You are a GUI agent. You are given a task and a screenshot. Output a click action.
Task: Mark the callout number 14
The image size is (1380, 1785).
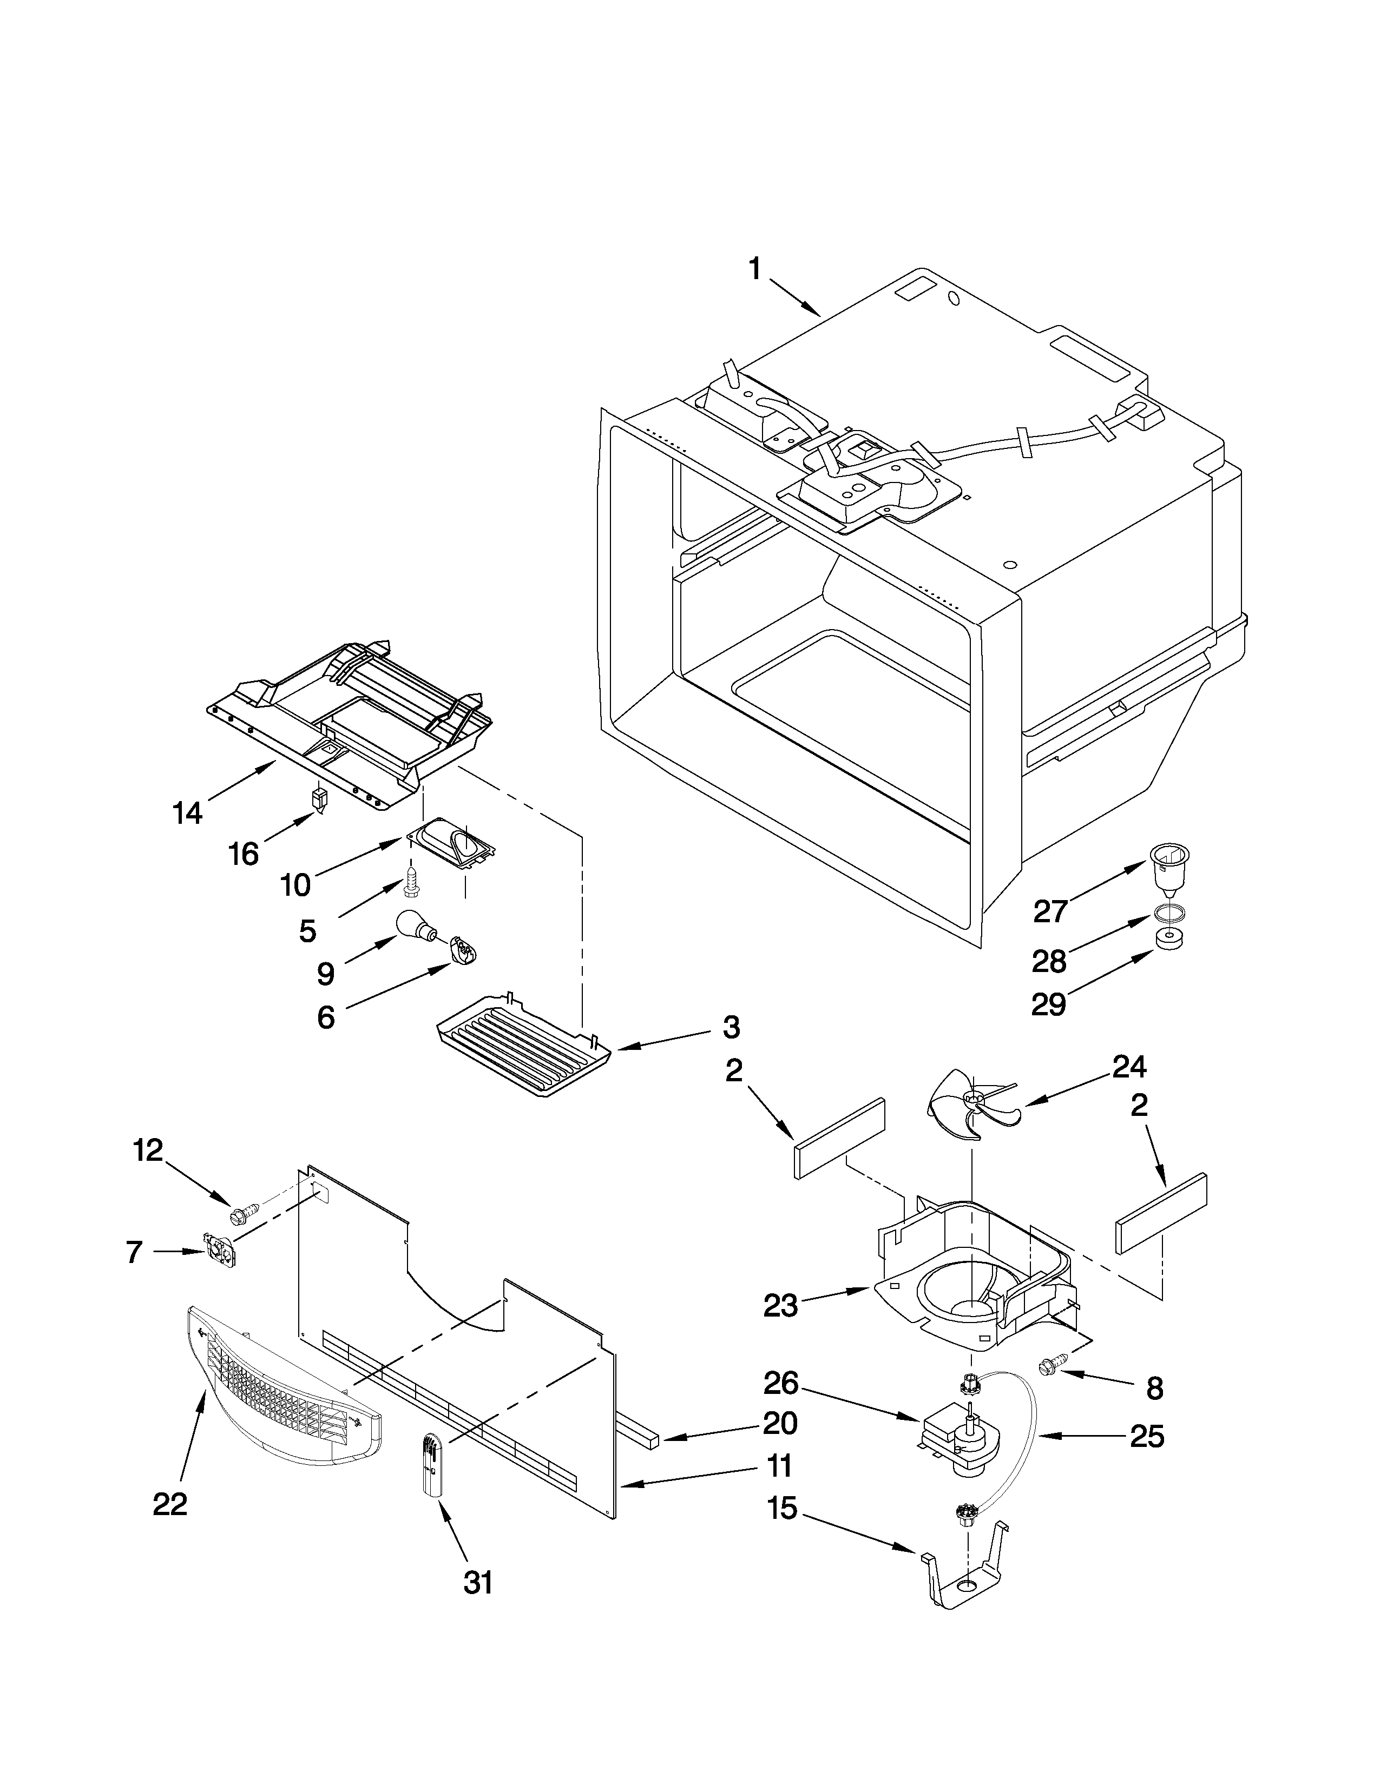[x=188, y=812]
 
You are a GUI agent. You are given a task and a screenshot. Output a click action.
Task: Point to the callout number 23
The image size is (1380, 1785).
[x=780, y=1307]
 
